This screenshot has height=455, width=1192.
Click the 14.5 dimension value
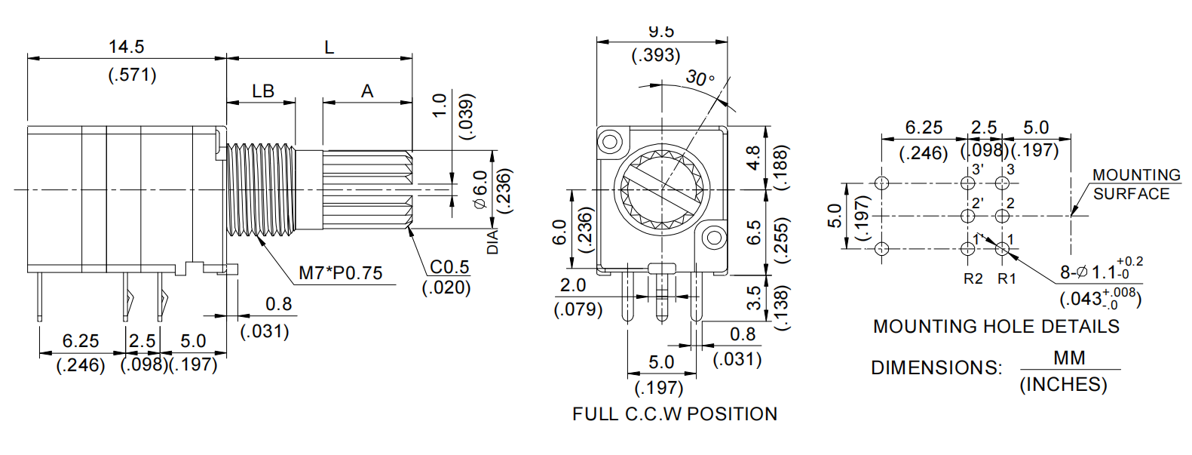click(126, 47)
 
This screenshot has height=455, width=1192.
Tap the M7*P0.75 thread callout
click(340, 273)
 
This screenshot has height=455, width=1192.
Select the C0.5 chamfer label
click(449, 267)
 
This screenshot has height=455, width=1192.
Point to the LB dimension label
click(262, 91)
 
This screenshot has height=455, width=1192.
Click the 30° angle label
click(699, 78)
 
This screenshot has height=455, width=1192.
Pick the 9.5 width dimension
click(660, 32)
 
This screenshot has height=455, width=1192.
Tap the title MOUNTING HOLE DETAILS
click(995, 327)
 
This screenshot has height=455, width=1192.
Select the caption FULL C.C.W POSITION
click(674, 414)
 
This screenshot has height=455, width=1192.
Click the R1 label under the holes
click(1007, 278)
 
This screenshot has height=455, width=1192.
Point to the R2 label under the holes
click(973, 278)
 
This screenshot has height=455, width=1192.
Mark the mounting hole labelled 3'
click(969, 183)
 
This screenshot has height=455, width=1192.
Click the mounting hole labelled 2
click(1002, 217)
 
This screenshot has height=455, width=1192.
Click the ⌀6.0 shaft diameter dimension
click(480, 189)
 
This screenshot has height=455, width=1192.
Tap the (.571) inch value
click(132, 75)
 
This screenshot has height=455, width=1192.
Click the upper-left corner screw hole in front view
click(609, 140)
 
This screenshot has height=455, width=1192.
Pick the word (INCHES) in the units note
click(1063, 384)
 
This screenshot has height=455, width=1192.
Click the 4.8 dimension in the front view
click(753, 157)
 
